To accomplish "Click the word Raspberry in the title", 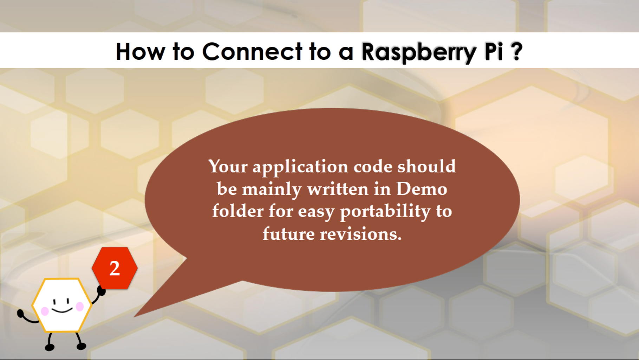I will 418,52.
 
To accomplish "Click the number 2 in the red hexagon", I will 115,269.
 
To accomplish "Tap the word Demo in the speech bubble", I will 422,189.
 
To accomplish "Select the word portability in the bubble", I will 385,212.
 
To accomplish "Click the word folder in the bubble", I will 237,211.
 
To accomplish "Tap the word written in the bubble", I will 338,189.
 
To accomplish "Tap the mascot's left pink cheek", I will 45,311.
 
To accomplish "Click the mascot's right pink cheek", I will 80,307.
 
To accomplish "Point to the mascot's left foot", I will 50,347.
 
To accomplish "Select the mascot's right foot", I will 81,346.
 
